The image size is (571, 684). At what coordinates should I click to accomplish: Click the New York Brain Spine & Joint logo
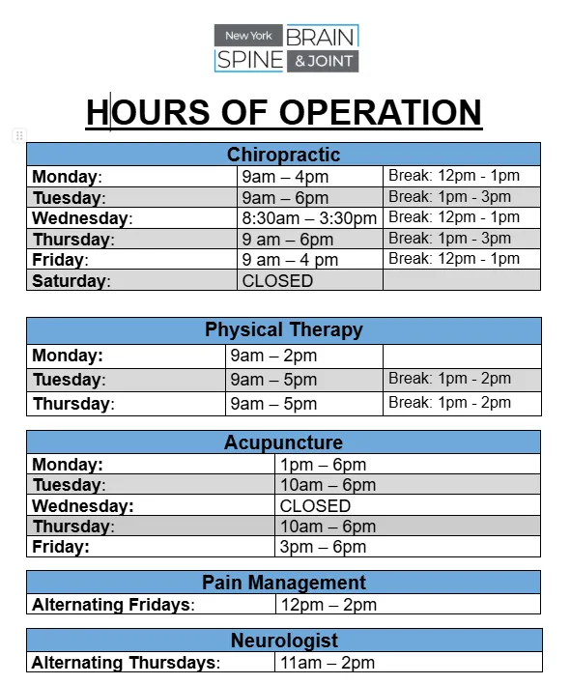point(286,48)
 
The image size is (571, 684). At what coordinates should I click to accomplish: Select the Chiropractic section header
point(283,155)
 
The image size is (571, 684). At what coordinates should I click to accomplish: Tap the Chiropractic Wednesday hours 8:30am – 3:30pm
point(309,218)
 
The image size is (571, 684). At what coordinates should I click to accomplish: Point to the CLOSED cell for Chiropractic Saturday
point(277,281)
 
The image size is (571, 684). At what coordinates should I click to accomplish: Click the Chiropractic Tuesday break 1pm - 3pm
point(449,196)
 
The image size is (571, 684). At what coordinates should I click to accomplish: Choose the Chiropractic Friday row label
point(60,260)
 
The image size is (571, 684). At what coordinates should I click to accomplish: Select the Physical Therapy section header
point(283,329)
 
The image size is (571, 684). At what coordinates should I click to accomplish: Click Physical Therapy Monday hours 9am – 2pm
point(273,356)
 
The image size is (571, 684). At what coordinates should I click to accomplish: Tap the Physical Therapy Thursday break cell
point(449,403)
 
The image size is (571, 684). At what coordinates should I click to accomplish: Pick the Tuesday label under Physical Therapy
point(69,380)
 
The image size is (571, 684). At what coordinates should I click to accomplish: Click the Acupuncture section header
point(283,442)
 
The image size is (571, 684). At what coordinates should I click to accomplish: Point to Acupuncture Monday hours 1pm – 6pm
point(323,465)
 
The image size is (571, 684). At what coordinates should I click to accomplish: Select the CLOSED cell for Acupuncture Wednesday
point(315,505)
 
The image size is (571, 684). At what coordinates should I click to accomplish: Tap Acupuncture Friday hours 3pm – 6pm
point(323,547)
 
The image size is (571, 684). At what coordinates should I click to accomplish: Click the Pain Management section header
point(283,583)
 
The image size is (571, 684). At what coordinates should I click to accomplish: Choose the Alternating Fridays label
point(113,605)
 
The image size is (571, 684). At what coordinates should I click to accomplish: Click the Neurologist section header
point(283,641)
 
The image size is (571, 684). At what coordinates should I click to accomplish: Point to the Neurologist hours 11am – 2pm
point(327,663)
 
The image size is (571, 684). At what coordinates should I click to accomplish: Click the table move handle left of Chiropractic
point(18,135)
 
